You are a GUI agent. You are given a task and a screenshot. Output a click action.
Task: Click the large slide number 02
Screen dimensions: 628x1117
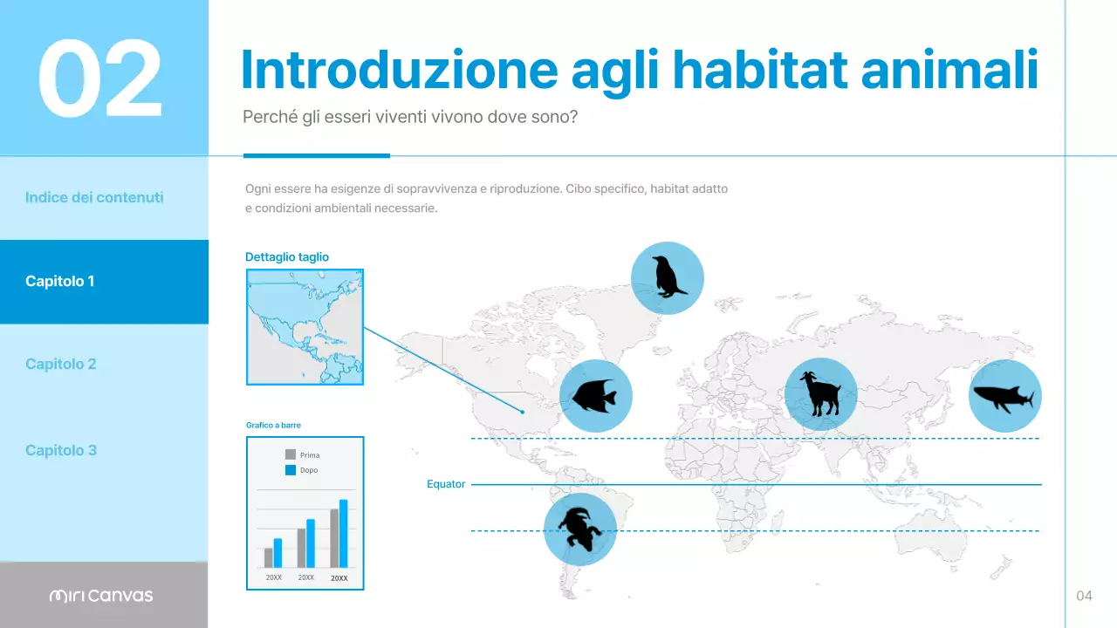click(x=100, y=78)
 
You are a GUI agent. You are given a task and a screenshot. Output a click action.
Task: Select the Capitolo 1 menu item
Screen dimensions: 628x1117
click(x=59, y=281)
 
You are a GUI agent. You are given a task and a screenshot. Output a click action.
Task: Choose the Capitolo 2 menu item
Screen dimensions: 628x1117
click(x=60, y=364)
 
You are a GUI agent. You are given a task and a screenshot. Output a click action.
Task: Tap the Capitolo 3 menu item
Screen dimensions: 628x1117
click(x=60, y=450)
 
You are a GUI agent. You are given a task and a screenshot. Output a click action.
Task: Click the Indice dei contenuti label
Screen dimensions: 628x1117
click(x=94, y=197)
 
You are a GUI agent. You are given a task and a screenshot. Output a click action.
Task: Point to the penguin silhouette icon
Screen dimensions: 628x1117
click(x=667, y=278)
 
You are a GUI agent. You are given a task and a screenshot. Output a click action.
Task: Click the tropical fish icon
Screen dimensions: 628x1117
click(x=595, y=396)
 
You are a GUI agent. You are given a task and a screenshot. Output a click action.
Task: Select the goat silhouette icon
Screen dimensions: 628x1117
click(x=820, y=394)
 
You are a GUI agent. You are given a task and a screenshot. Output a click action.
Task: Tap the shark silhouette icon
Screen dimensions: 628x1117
click(x=1004, y=396)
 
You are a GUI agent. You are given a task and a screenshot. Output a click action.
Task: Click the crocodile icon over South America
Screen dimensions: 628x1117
click(x=579, y=529)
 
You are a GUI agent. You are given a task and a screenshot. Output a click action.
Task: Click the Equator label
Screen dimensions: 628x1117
click(x=446, y=484)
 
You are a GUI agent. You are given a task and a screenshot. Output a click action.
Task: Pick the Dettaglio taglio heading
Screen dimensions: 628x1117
click(x=287, y=257)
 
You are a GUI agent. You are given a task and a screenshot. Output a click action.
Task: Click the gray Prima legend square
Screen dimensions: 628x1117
click(x=291, y=454)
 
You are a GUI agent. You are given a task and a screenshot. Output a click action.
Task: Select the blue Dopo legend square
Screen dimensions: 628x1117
click(x=291, y=470)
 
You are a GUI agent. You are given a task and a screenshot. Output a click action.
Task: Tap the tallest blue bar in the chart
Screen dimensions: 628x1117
click(x=343, y=534)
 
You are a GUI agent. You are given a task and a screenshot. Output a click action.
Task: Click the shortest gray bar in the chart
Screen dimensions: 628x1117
click(x=268, y=557)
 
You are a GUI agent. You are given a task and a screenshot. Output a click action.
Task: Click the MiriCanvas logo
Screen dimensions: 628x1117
click(x=101, y=596)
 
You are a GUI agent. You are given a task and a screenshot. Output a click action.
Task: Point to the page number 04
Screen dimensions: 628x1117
click(x=1084, y=596)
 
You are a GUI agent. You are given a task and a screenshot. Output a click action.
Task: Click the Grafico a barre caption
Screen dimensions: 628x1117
click(x=273, y=425)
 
